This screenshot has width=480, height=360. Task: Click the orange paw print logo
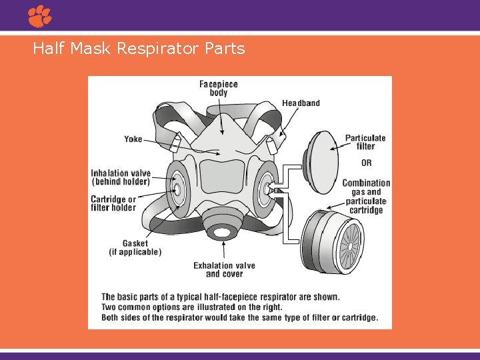pyautogui.click(x=40, y=16)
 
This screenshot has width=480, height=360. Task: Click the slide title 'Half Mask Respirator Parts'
pyautogui.click(x=139, y=49)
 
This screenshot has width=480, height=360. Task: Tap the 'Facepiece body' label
pyautogui.click(x=218, y=89)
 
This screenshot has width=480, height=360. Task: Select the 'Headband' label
pyautogui.click(x=301, y=103)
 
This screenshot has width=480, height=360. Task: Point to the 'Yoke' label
pyautogui.click(x=133, y=139)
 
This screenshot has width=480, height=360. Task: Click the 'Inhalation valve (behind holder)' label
pyautogui.click(x=121, y=177)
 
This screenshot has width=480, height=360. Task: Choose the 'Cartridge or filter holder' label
pyautogui.click(x=113, y=203)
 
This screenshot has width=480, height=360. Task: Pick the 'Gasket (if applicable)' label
pyautogui.click(x=135, y=248)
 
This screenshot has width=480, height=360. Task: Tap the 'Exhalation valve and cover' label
pyautogui.click(x=224, y=270)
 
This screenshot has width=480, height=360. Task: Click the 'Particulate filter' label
pyautogui.click(x=365, y=143)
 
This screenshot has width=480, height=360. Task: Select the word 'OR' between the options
pyautogui.click(x=366, y=163)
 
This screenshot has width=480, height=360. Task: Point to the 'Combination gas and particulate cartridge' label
pyautogui.click(x=366, y=197)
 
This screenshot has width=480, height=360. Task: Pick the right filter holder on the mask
pyautogui.click(x=266, y=189)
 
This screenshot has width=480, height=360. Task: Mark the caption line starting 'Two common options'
pyautogui.click(x=191, y=307)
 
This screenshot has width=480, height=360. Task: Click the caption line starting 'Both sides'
pyautogui.click(x=239, y=317)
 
